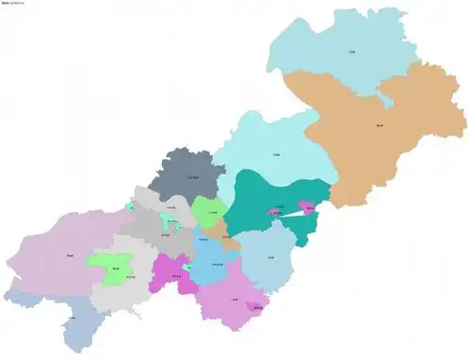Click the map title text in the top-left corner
14,5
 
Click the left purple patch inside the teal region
275,212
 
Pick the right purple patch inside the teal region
306,205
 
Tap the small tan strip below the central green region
217,229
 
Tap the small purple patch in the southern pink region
254,306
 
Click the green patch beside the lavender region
110,268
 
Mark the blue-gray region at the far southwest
71,320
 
